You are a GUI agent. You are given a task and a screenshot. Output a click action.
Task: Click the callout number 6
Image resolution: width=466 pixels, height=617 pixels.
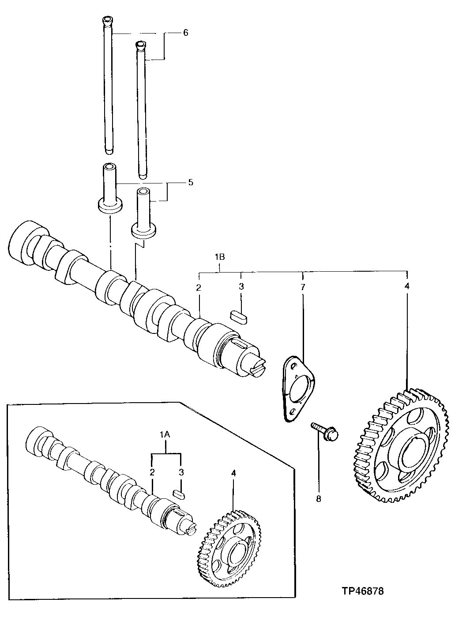click(185, 33)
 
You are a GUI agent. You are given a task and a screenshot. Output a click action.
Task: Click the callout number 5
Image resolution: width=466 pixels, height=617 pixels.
click(191, 182)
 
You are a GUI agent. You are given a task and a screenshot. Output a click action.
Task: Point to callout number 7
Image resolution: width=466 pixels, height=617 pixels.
click(303, 287)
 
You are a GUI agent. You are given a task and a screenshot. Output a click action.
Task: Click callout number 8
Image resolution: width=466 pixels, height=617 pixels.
click(319, 499)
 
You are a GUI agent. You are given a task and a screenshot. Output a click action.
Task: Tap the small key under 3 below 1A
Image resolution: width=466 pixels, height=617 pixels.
click(179, 494)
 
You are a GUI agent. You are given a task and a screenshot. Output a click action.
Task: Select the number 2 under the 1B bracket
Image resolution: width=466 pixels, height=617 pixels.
click(199, 287)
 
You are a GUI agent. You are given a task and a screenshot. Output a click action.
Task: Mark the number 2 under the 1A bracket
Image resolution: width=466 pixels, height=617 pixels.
click(152, 472)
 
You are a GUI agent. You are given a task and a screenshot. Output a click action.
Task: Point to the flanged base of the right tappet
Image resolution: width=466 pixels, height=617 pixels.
click(144, 230)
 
